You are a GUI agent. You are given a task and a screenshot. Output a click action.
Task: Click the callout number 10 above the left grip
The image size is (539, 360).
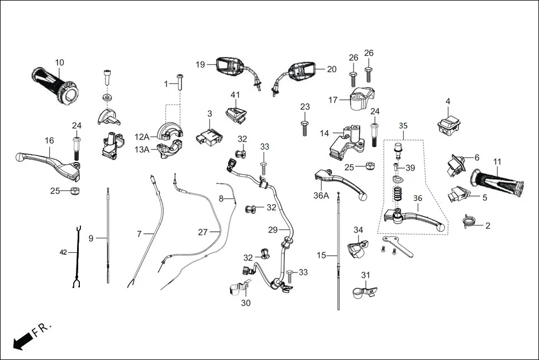[x=59, y=62]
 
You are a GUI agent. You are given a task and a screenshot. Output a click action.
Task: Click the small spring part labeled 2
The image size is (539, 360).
[x=470, y=223]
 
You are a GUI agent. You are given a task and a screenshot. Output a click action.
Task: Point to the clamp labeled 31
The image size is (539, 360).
[x=364, y=290]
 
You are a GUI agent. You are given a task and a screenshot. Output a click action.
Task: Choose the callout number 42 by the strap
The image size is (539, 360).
[x=63, y=252]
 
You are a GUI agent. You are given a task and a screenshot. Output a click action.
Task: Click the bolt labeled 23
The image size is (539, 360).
[x=304, y=127]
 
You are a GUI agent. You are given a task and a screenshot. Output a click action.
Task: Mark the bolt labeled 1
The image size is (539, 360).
[x=179, y=84]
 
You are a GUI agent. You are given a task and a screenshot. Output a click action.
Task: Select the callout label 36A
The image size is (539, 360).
[x=321, y=196]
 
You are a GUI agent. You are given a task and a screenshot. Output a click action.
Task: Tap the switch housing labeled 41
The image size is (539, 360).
[x=235, y=113]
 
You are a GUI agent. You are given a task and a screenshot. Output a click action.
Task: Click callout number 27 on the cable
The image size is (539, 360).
[x=203, y=232]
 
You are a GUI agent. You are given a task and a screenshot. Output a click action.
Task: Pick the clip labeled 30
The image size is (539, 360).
[x=239, y=289]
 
